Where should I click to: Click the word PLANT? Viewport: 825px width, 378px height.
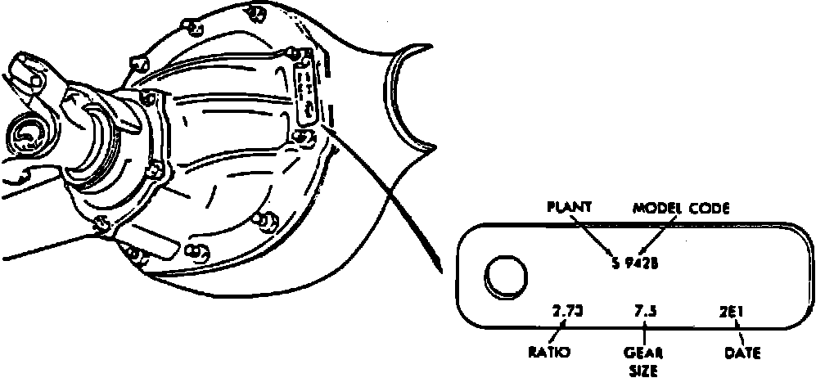tap(570, 208)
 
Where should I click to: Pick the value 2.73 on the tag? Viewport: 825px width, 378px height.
tap(568, 311)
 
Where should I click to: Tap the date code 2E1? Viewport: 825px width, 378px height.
tap(736, 311)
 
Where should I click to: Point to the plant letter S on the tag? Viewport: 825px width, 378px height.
tap(615, 263)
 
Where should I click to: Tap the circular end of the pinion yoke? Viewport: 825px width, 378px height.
tap(29, 135)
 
